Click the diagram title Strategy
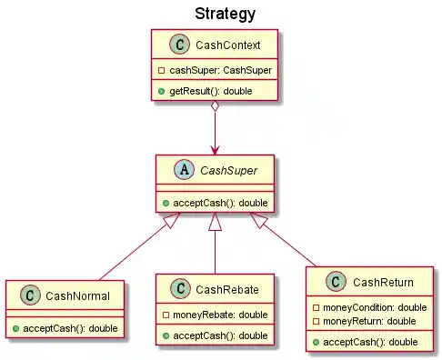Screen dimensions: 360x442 225,14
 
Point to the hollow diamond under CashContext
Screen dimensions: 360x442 214,109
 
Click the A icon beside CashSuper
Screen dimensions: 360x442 182,171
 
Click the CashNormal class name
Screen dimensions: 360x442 77,296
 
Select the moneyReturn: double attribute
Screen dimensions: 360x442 364,322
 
